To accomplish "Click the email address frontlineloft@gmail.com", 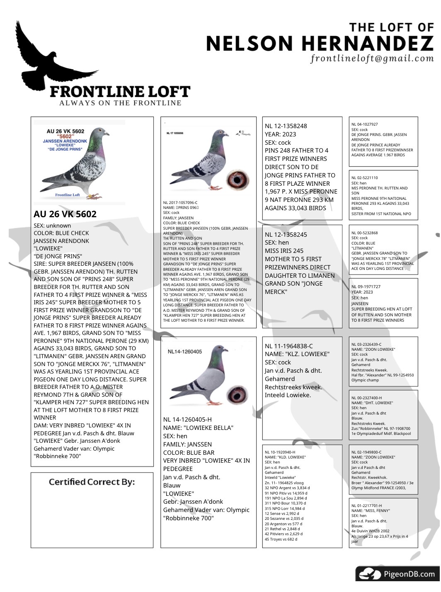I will pyautogui.click(x=372, y=58).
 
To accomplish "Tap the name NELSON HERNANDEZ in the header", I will pyautogui.click(x=319, y=44).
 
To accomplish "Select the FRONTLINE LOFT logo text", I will pyautogui.click(x=120, y=92).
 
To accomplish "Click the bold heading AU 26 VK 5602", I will pyautogui.click(x=65, y=214).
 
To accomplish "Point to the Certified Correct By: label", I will pyautogui.click(x=92, y=482).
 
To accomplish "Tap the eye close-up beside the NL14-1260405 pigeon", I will pyautogui.click(x=237, y=395).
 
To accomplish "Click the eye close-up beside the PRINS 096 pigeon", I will pyautogui.click(x=237, y=180).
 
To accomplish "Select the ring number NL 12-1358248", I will pyautogui.click(x=286, y=126).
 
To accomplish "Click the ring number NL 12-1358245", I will pyautogui.click(x=286, y=235).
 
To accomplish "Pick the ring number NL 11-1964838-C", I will pyautogui.click(x=289, y=346).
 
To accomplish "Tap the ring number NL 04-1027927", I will pyautogui.click(x=364, y=124).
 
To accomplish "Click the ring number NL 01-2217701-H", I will pyautogui.click(x=366, y=506).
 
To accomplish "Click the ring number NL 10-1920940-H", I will pyautogui.click(x=280, y=452).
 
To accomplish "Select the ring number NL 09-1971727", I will pyautogui.click(x=366, y=287).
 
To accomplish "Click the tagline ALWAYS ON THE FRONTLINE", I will pyautogui.click(x=120, y=103).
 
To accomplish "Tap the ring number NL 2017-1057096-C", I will pyautogui.click(x=180, y=203).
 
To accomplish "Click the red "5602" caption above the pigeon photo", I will pyautogui.click(x=65, y=136).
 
